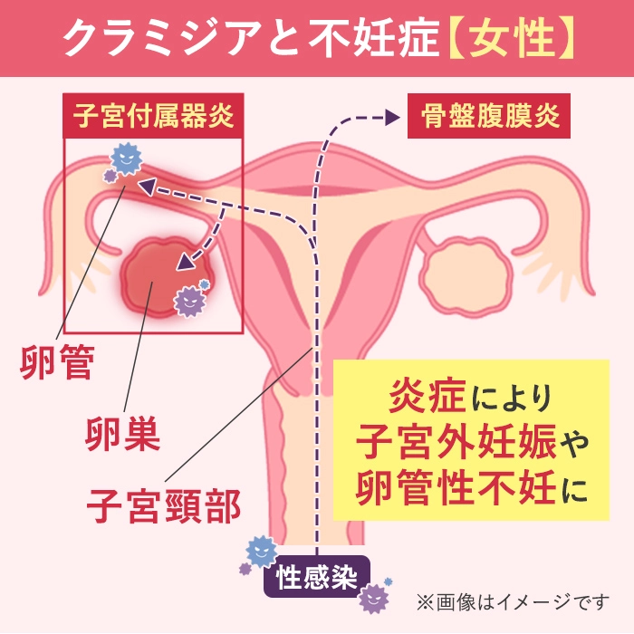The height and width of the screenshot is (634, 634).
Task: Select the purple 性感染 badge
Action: pyautogui.click(x=317, y=575)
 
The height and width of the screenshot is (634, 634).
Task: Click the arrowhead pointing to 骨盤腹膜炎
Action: pyautogui.click(x=392, y=117)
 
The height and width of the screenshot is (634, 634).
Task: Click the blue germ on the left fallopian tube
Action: pyautogui.click(x=125, y=161)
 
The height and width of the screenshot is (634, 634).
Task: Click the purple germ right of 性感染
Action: pyautogui.click(x=375, y=596)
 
